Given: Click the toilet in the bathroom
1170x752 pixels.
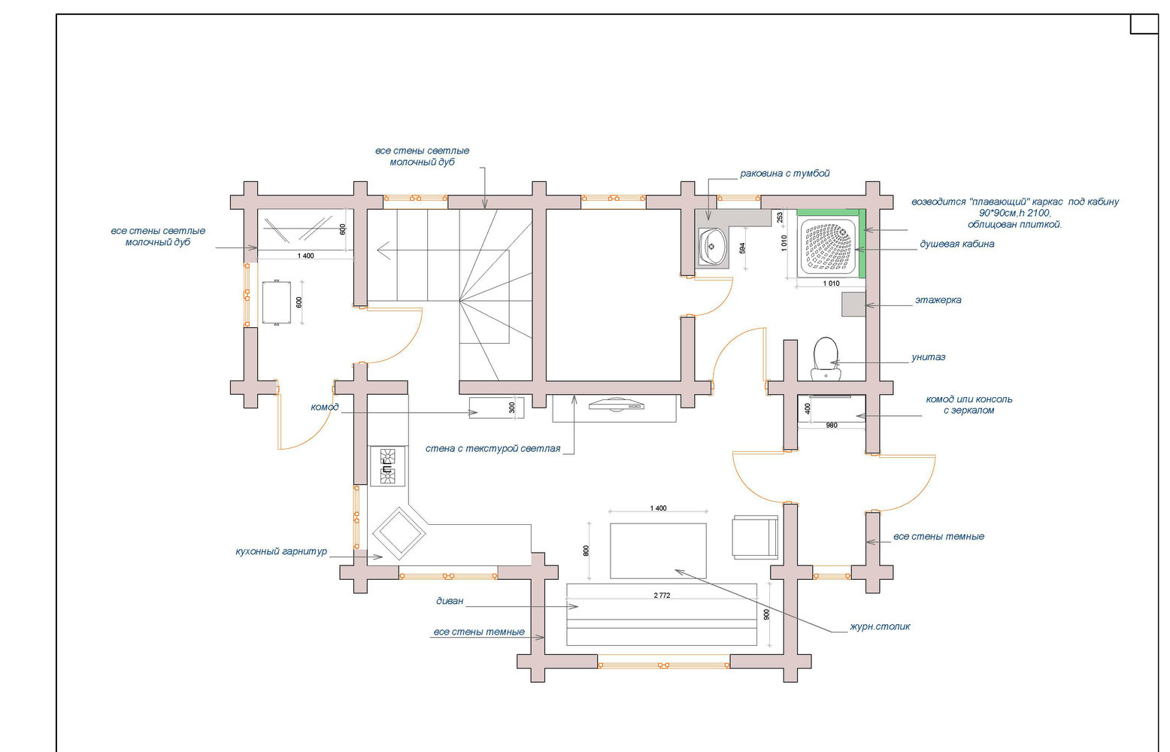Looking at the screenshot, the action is (826, 359).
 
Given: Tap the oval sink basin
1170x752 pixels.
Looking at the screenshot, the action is (712, 247).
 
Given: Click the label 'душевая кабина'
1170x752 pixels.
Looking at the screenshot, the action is (957, 244).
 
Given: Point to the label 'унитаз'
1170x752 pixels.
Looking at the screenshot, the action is (928, 357).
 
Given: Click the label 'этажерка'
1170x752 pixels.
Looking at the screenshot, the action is (938, 300).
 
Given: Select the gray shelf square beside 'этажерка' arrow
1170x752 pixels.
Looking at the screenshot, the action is (853, 304).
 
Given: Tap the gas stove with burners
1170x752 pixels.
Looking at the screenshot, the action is (387, 466).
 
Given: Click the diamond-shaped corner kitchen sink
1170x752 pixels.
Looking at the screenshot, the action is (399, 533).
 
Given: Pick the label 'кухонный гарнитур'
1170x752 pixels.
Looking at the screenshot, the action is (281, 551).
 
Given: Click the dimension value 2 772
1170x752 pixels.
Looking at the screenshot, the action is (662, 596).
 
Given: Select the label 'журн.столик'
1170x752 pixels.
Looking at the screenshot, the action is (880, 626).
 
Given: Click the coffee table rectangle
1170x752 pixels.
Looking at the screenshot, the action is (658, 551).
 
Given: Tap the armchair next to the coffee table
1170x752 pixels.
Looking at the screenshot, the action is (755, 537).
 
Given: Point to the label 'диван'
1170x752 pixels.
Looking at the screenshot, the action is (450, 601).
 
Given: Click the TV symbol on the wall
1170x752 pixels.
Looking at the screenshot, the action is (617, 405).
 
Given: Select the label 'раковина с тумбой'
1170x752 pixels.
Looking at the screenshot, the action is (784, 174).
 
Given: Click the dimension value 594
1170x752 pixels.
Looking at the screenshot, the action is (742, 248).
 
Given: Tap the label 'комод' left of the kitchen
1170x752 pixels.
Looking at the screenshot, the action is (324, 407).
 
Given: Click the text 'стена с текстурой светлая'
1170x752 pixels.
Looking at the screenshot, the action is (493, 449).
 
